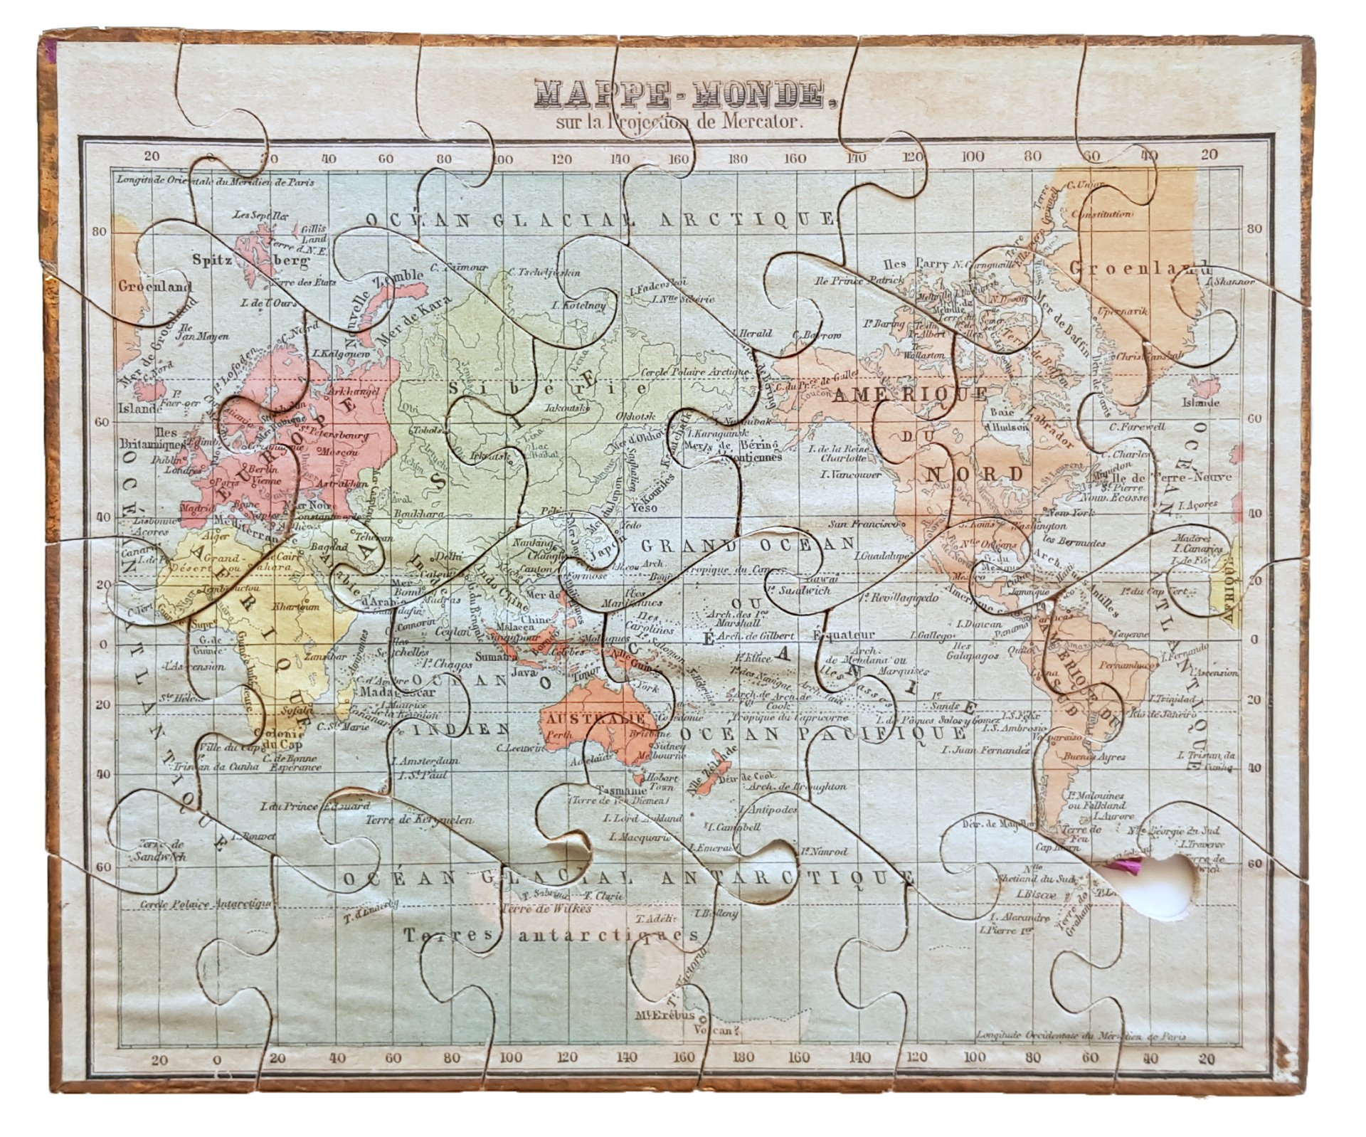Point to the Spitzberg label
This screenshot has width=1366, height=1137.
pyautogui.click(x=252, y=261)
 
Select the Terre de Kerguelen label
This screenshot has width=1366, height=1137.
pyautogui.click(x=419, y=820)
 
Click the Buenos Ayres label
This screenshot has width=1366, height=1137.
pyautogui.click(x=1086, y=758)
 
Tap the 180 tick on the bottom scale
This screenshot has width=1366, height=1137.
pyautogui.click(x=742, y=1059)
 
